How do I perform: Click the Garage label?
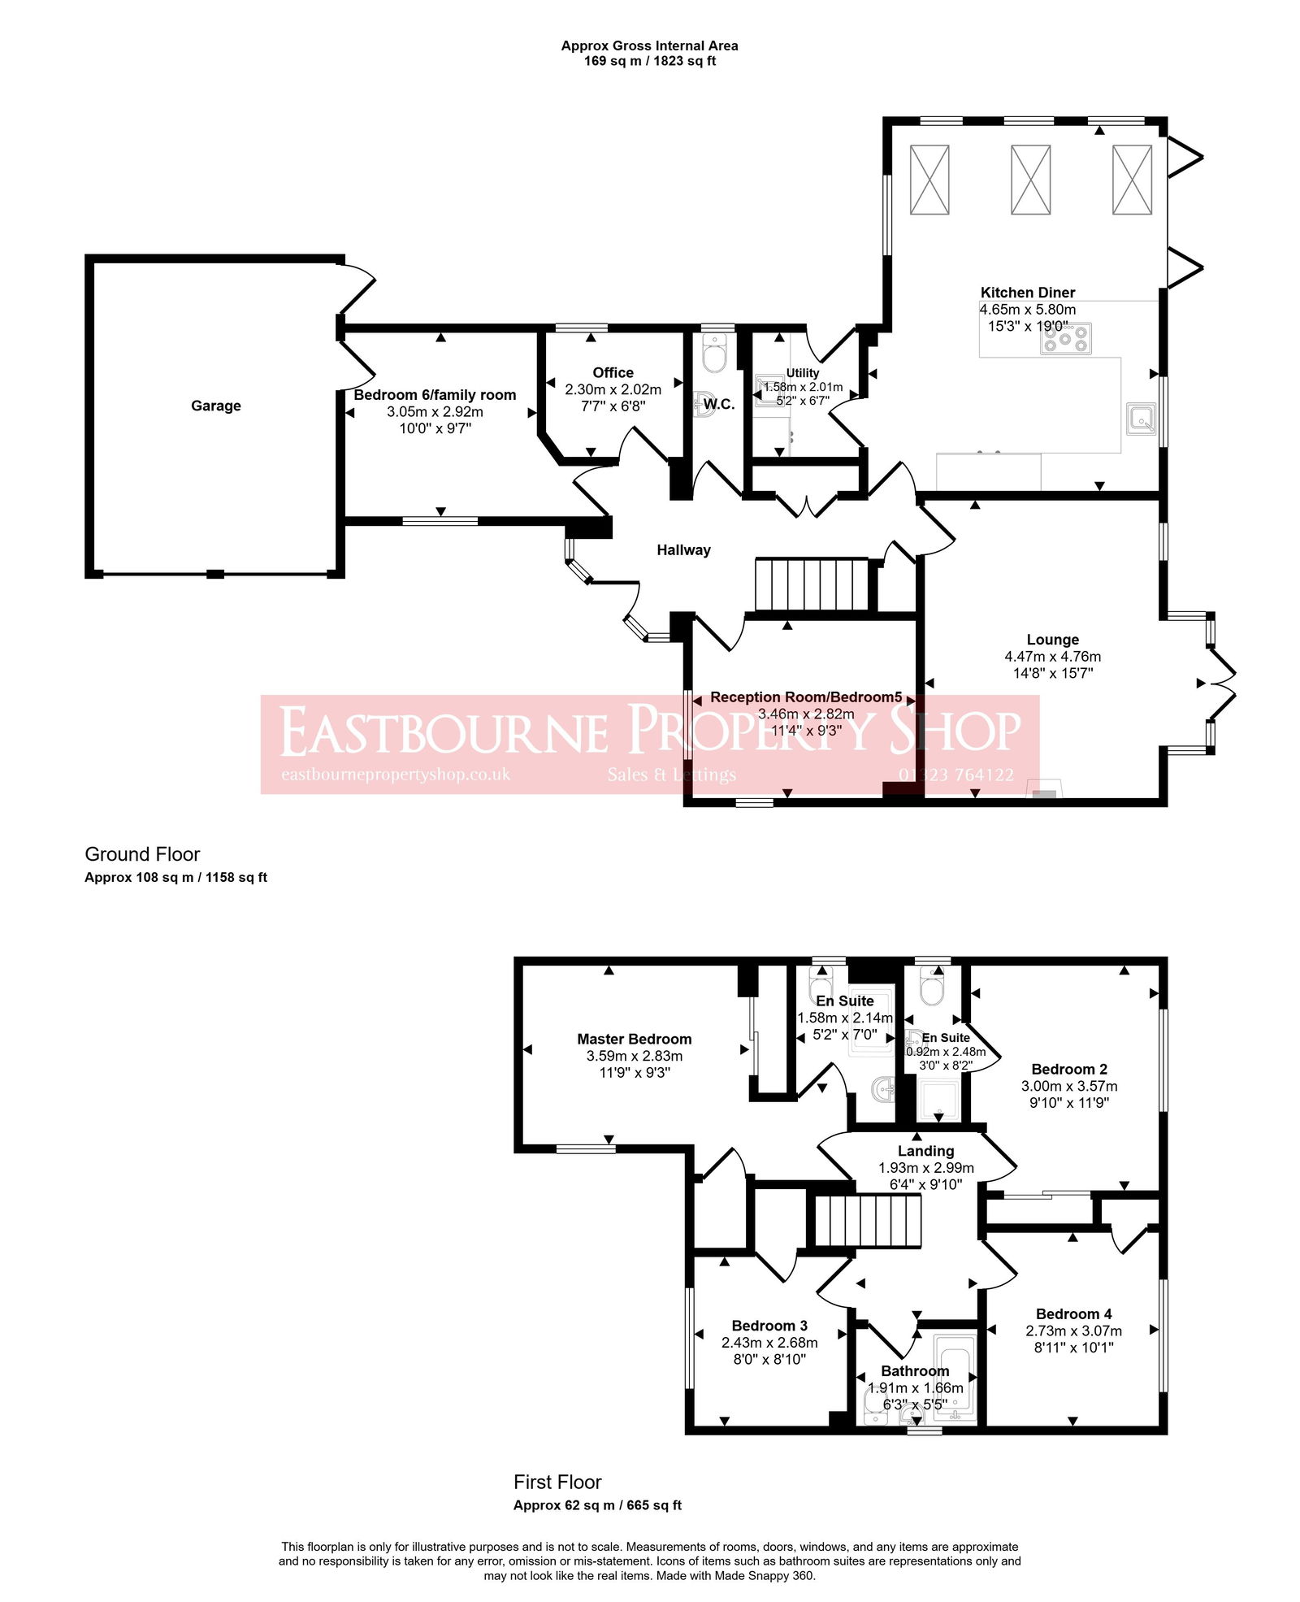215,406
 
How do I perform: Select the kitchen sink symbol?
1142,419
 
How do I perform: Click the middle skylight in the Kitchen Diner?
1030,180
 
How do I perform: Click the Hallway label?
683,550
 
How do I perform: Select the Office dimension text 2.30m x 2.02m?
613,389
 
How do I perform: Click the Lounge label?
1052,640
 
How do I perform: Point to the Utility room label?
803,373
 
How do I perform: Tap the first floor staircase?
868,1220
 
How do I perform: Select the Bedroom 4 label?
1073,1314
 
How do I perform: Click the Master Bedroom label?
634,1039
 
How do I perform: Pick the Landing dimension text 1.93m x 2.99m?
925,1168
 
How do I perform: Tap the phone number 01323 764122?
955,775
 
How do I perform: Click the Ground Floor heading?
142,854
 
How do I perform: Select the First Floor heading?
557,1482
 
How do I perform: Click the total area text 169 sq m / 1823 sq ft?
649,61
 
